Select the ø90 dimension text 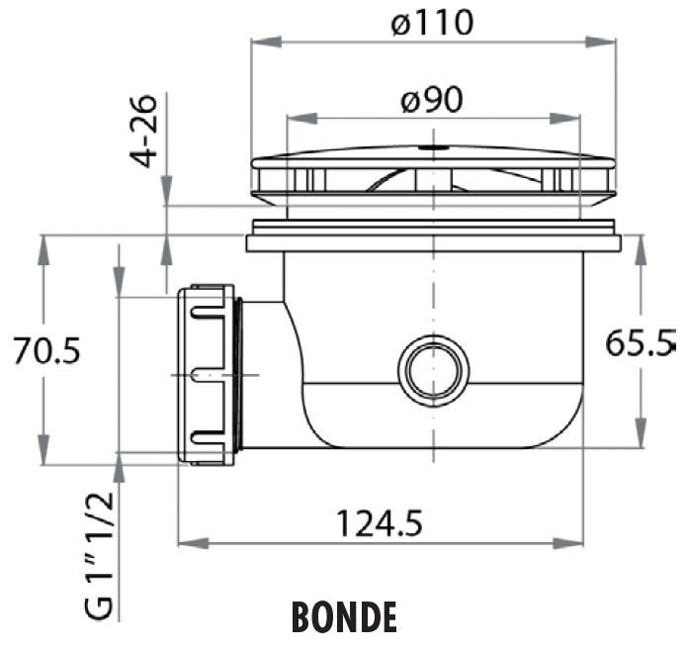point(432,99)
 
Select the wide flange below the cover point(433,241)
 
